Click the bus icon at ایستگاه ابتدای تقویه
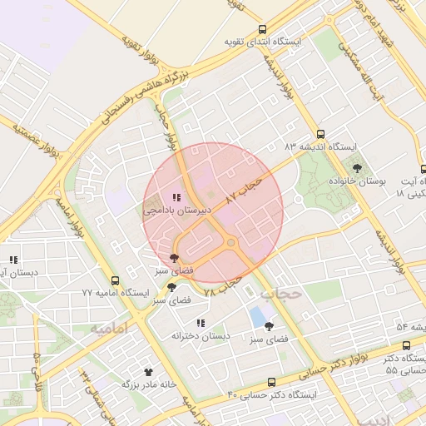(x=263, y=30)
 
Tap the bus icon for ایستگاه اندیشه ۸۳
(x=320, y=134)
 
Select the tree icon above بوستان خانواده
(x=357, y=169)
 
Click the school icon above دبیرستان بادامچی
(x=176, y=197)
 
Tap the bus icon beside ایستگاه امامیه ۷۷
(x=115, y=281)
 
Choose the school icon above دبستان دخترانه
(x=201, y=323)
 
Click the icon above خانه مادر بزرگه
(x=149, y=372)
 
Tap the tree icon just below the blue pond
(x=268, y=327)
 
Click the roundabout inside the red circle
(x=230, y=242)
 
